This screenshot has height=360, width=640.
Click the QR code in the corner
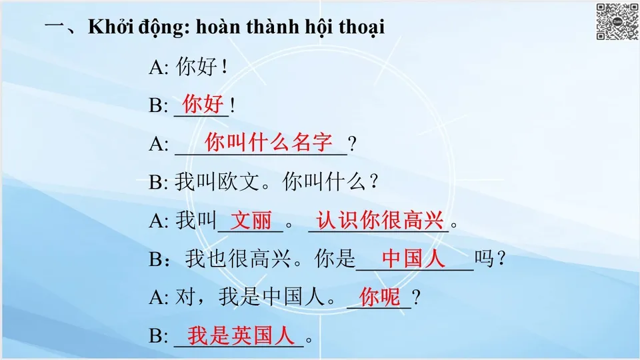click(x=617, y=22)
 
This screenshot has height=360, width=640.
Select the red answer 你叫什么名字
click(x=268, y=142)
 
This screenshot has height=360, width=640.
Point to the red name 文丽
click(x=251, y=221)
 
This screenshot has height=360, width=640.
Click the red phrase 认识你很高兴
click(x=380, y=221)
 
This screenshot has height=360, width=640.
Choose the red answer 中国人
click(x=413, y=259)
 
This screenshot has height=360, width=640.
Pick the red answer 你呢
click(x=379, y=297)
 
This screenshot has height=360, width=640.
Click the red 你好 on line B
click(x=203, y=105)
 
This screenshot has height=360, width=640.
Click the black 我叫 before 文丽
click(x=196, y=221)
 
